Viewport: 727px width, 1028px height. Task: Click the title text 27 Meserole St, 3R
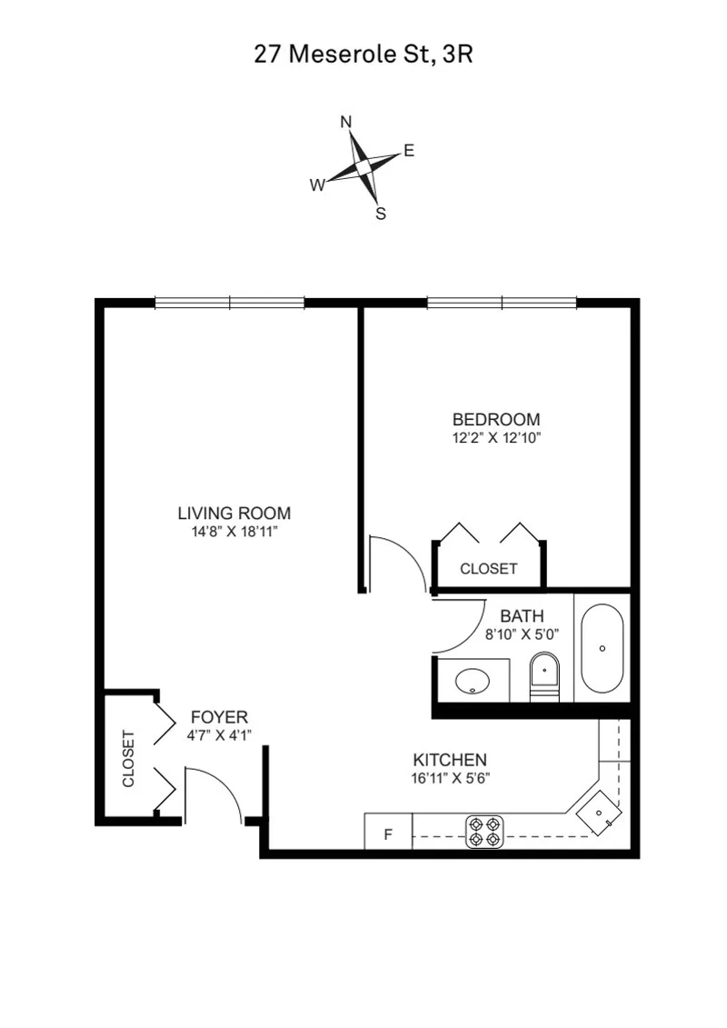[x=363, y=55]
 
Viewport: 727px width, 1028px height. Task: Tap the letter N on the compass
[x=346, y=122]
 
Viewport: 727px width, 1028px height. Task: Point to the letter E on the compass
[x=409, y=151]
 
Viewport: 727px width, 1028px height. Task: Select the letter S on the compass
[x=381, y=215]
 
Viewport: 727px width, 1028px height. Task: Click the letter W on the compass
[x=317, y=185]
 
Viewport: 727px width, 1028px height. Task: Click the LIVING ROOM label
[x=234, y=514]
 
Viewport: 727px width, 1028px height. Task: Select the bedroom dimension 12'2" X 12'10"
[x=496, y=437]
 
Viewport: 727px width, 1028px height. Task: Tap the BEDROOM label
[x=496, y=420]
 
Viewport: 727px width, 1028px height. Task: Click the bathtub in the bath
[x=602, y=648]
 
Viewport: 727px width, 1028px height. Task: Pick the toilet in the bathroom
[x=543, y=674]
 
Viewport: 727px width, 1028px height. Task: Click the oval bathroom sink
[x=473, y=680]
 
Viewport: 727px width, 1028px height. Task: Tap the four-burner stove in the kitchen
[x=484, y=832]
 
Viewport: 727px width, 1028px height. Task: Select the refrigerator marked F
[x=388, y=833]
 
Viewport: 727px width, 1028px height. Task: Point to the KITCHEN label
[x=450, y=760]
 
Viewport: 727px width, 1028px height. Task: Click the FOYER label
[x=218, y=718]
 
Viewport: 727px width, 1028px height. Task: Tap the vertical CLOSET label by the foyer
[x=128, y=759]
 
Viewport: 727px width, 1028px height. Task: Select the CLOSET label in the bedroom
[x=488, y=569]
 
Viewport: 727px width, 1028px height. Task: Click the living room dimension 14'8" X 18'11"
[x=234, y=531]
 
